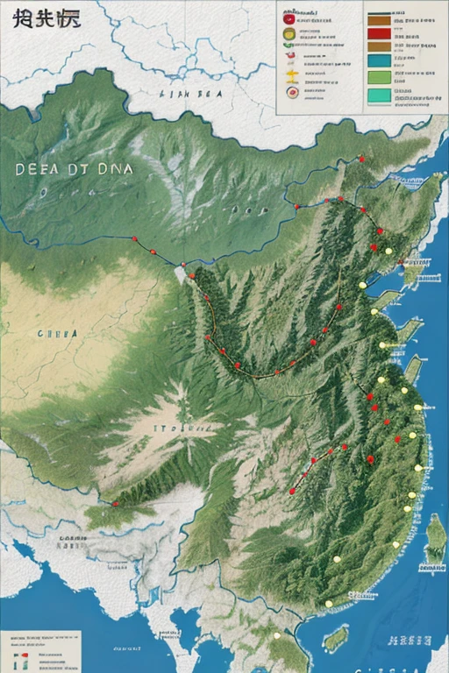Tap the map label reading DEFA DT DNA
coord(75,171)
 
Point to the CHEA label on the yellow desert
coord(57,333)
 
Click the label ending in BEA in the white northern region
coord(191,91)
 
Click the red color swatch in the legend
coord(379,32)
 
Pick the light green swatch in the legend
coord(379,76)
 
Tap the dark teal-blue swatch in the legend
coord(379,61)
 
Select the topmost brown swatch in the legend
coord(379,17)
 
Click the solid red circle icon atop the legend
coord(289,18)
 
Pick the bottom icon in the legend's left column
coord(289,89)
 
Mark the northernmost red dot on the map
coord(360,159)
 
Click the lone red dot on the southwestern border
coord(115,504)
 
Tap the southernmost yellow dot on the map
coord(276,635)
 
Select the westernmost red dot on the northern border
coord(134,238)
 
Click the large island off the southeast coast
coord(434,538)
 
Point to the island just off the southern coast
coord(334,639)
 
